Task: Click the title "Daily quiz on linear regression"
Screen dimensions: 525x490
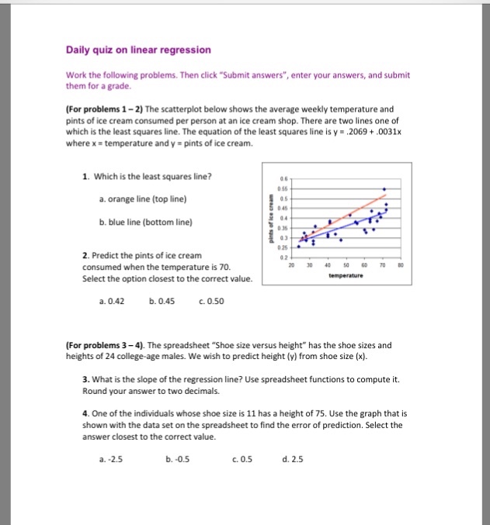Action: click(x=138, y=50)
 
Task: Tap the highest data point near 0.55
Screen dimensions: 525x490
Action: click(x=384, y=188)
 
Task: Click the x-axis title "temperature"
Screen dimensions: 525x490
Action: click(x=346, y=275)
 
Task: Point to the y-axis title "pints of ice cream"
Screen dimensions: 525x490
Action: click(x=271, y=219)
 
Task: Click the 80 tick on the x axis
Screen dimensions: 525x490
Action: click(x=400, y=264)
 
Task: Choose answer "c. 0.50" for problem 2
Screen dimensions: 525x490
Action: click(x=212, y=302)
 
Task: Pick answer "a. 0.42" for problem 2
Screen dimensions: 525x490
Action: click(x=112, y=302)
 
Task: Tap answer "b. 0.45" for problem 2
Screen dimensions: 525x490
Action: click(x=161, y=302)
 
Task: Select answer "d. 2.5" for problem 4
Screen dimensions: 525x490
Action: click(x=292, y=458)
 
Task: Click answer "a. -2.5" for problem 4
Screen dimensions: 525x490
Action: click(x=112, y=458)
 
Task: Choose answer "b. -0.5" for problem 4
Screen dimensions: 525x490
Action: click(x=178, y=458)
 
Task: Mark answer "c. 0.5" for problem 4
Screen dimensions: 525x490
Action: click(x=238, y=458)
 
